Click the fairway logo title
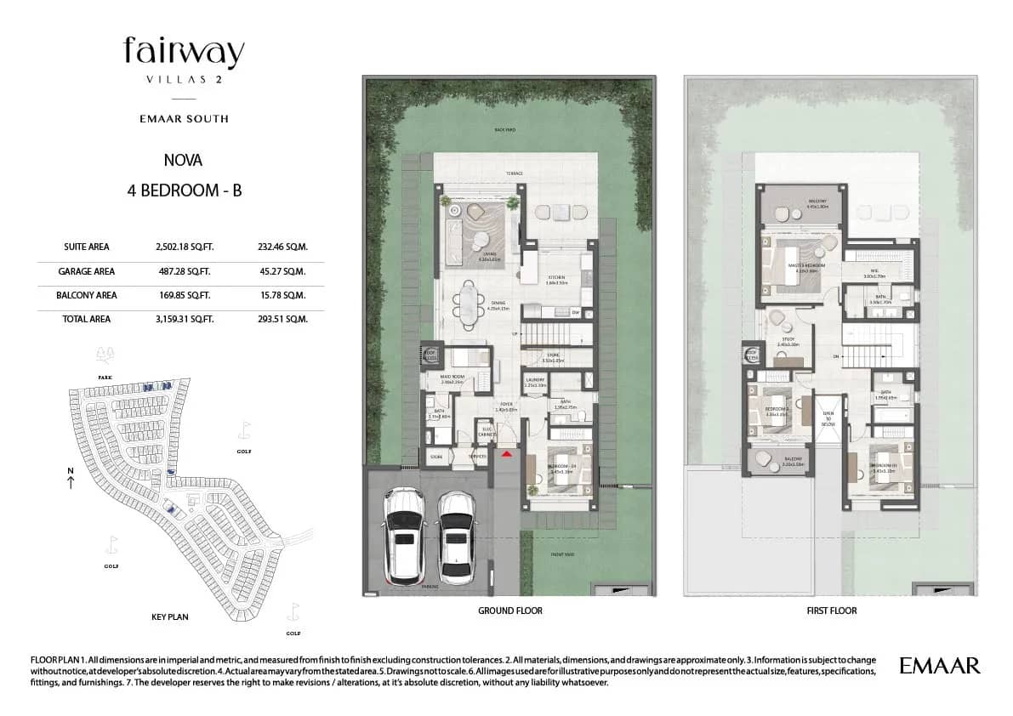184,53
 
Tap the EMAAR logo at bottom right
939,665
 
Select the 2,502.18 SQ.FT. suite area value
185,247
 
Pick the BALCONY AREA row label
88,295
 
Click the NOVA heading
183,159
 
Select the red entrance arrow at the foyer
507,456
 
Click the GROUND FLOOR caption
509,611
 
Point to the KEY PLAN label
168,617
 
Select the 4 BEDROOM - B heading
184,190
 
